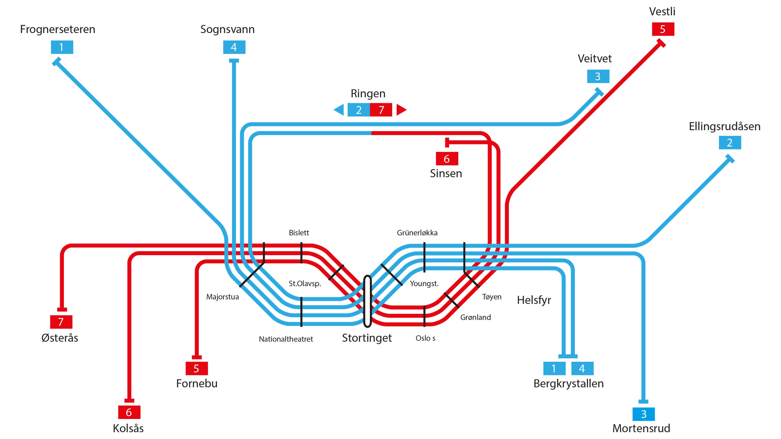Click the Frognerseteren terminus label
click(x=58, y=29)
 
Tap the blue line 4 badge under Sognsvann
click(x=234, y=47)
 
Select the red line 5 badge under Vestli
click(x=663, y=29)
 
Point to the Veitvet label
click(x=595, y=59)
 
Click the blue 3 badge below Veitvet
click(x=598, y=76)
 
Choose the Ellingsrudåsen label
click(x=724, y=126)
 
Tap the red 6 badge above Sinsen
click(x=447, y=159)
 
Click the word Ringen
click(x=368, y=94)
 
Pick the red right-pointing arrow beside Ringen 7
click(x=401, y=110)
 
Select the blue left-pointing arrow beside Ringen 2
click(x=339, y=110)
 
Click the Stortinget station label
click(x=367, y=338)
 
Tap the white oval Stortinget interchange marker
click(x=368, y=301)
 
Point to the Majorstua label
click(x=223, y=297)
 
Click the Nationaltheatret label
click(x=286, y=339)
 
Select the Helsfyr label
click(x=534, y=300)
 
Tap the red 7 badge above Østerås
click(x=61, y=322)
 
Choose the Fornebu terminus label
click(x=197, y=384)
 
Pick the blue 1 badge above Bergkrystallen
click(x=554, y=369)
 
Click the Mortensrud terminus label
click(x=641, y=429)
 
